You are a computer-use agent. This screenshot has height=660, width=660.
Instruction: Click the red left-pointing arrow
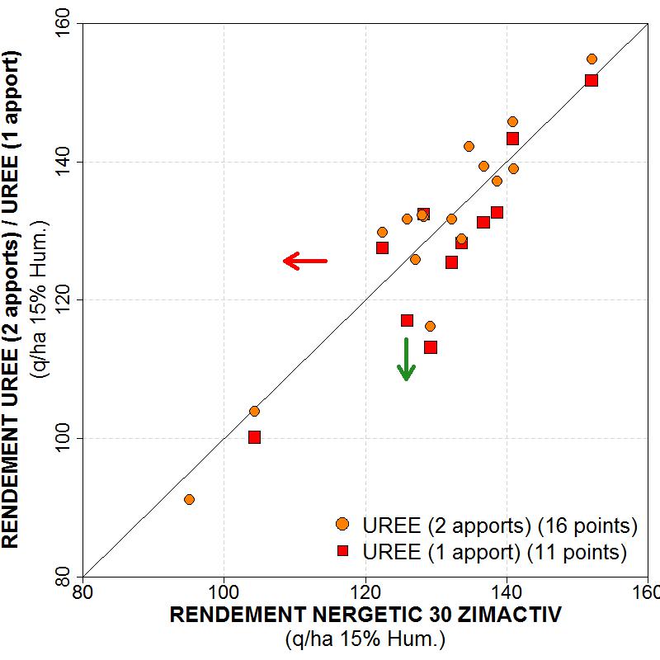point(305,262)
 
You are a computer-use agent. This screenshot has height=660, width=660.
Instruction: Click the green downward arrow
point(406,359)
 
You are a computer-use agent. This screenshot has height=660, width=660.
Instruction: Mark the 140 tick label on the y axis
point(64,163)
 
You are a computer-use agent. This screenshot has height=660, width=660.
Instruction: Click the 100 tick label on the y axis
point(64,437)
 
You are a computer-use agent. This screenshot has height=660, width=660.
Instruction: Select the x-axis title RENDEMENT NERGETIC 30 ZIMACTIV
point(365,615)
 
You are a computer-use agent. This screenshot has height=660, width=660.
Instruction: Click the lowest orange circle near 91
point(189,499)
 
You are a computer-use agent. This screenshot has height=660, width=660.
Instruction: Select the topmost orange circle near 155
point(592,59)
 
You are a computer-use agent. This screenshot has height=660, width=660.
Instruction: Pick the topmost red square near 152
point(592,80)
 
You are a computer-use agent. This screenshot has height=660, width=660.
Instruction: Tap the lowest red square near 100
point(254,437)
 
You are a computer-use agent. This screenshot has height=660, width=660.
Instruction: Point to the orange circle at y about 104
point(254,411)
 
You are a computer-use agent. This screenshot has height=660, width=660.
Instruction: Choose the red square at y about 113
point(431,347)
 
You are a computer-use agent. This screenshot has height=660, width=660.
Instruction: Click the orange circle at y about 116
point(430,326)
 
